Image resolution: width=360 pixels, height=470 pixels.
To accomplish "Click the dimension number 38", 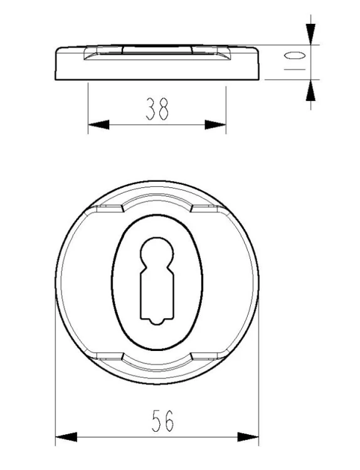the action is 157,108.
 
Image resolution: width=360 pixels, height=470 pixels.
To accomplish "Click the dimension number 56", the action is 163,421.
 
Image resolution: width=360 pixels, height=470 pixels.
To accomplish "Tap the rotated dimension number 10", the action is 295,61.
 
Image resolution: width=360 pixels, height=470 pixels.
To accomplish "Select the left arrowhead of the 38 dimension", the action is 98,125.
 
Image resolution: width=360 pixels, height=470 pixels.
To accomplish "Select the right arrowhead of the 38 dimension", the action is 215,125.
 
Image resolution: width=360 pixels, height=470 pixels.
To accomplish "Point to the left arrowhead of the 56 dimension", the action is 66,437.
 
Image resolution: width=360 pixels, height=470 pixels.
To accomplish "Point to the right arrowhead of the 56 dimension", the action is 248,437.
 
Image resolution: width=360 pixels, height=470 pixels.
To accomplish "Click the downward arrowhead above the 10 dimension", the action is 310,34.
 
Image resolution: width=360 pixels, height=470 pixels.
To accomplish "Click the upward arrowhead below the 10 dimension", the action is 310,90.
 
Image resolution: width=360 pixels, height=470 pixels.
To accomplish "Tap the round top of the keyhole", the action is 157,252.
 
